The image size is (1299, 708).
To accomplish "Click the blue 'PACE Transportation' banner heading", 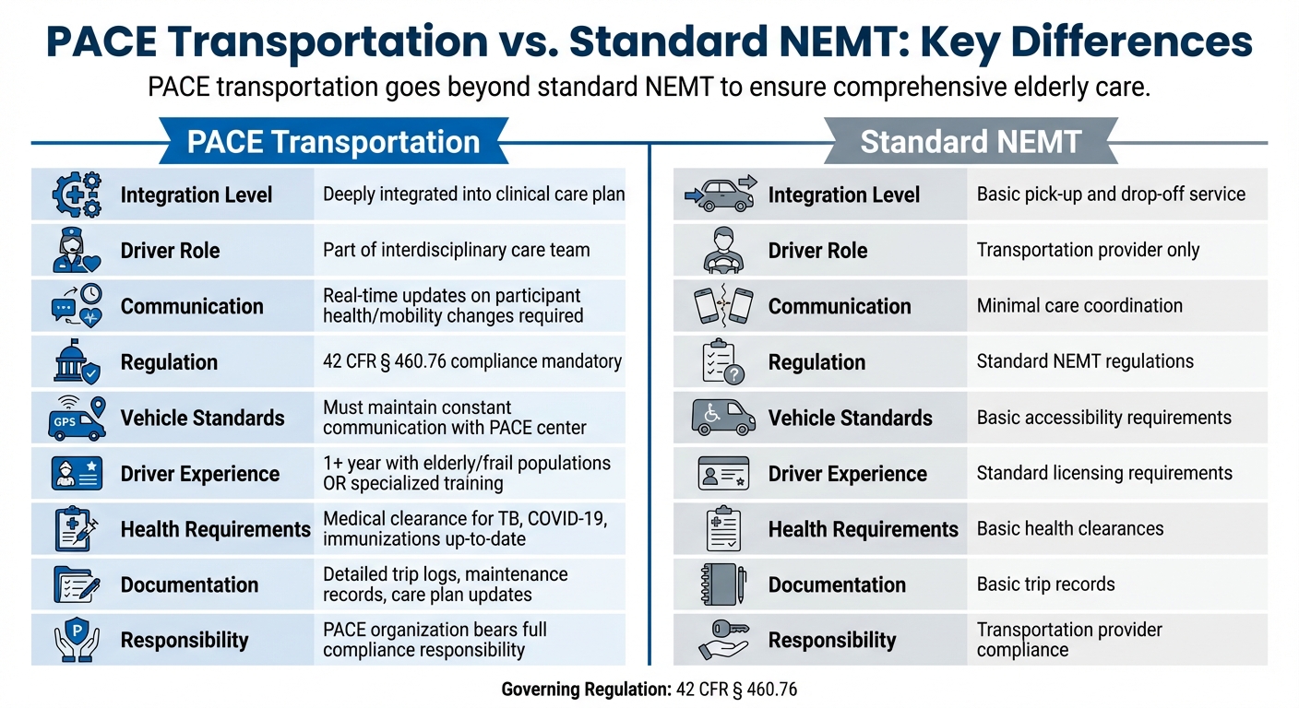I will pos(333,143).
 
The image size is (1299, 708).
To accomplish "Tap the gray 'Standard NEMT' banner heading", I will pos(970,143).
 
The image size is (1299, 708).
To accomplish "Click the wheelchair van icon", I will pos(722,418).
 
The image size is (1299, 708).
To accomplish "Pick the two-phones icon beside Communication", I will pos(722,307).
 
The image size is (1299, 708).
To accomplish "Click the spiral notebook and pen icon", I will pos(722,584).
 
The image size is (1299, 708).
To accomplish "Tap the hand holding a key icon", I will pos(722,640).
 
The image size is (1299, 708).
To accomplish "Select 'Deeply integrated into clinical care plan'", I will pos(474,195).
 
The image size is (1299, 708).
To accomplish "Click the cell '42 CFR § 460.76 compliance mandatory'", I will pos(472,361).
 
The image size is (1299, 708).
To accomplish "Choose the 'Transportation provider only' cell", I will pos(1088,250).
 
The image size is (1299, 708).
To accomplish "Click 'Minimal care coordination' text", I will pos(1079,306).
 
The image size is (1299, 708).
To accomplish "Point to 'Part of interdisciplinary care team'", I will pos(456,250).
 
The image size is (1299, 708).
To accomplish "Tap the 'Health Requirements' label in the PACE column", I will pos(215,529).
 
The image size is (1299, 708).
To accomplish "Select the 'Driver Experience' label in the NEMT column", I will pos(847,474).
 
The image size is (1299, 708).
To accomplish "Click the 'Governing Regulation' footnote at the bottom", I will pos(649,690).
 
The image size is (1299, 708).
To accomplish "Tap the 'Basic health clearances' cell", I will pos(1070,529).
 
